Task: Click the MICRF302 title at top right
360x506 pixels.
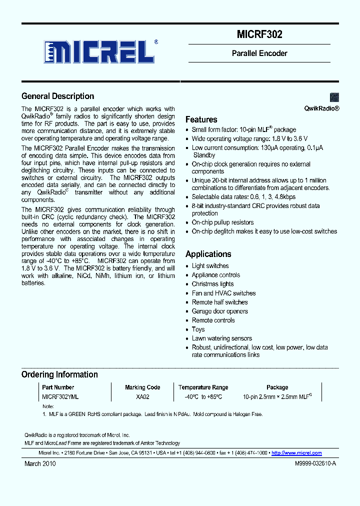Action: [x=259, y=34]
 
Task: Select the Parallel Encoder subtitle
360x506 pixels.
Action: [x=259, y=53]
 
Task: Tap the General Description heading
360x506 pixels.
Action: [x=57, y=96]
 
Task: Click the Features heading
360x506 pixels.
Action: [x=201, y=119]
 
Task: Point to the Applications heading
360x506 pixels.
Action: [x=208, y=254]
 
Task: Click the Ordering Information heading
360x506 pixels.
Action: [x=59, y=374]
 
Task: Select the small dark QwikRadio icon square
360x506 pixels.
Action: [x=334, y=97]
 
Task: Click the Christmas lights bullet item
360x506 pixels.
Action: [x=212, y=284]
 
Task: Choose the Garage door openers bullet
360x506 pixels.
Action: [x=219, y=311]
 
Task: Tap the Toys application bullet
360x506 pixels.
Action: [x=198, y=329]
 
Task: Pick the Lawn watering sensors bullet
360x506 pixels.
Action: [x=221, y=338]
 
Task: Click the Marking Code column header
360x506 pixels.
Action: [x=142, y=387]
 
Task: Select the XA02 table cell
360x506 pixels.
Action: [x=142, y=396]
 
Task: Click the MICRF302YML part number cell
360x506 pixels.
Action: [x=60, y=396]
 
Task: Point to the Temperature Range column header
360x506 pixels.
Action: [x=203, y=387]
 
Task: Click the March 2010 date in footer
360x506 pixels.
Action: [x=40, y=463]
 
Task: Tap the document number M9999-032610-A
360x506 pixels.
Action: [x=308, y=464]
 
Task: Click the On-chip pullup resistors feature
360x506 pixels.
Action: [x=222, y=222]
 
